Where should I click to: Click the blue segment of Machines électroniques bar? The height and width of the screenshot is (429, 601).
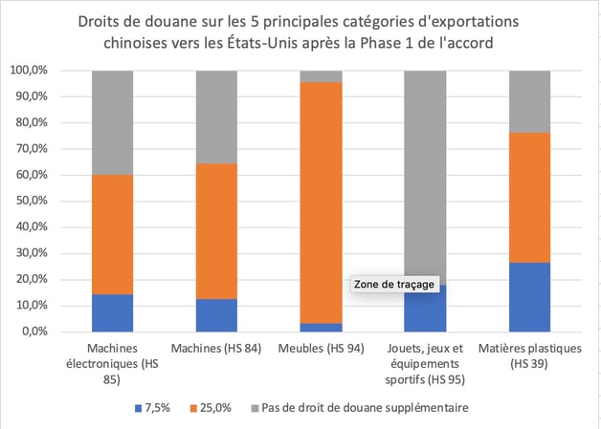(x=112, y=312)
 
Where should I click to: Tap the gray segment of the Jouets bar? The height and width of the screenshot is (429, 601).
(x=425, y=172)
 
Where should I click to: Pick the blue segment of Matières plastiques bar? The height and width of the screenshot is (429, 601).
(x=529, y=296)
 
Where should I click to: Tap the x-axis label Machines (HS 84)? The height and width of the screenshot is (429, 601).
(x=216, y=349)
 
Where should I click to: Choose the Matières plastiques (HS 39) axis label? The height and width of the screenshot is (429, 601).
(x=529, y=355)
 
